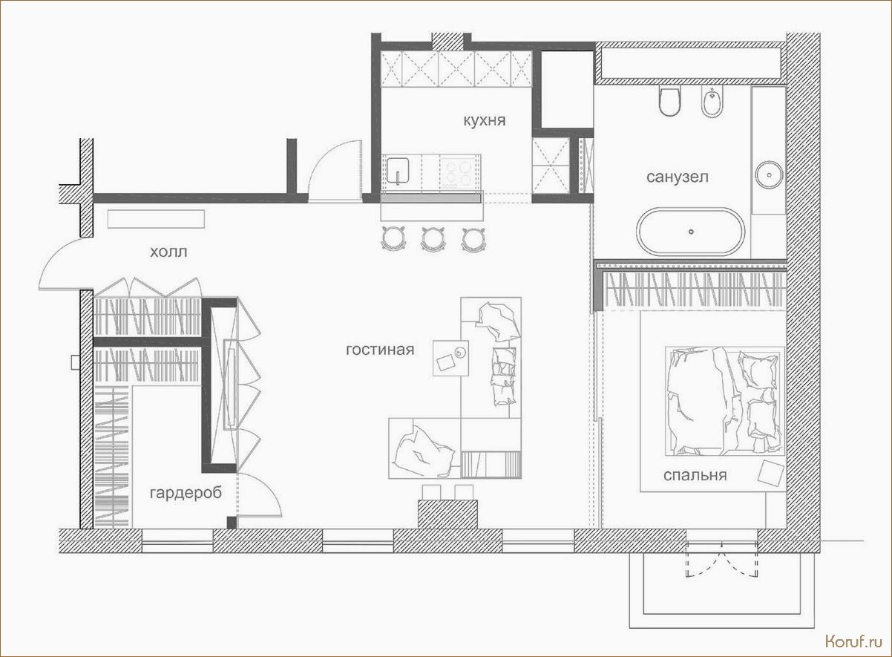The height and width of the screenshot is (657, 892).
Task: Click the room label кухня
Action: pyautogui.click(x=485, y=120)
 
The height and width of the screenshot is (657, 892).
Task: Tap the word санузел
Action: pyautogui.click(x=678, y=177)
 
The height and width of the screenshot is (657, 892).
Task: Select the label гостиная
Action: pyautogui.click(x=380, y=350)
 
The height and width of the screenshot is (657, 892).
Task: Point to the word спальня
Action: pyautogui.click(x=695, y=475)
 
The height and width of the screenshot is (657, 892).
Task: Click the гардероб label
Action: pyautogui.click(x=186, y=493)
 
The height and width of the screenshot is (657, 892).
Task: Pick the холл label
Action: pyautogui.click(x=168, y=252)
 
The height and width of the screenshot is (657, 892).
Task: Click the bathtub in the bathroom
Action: pyautogui.click(x=690, y=232)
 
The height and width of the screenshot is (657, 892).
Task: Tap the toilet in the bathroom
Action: pyautogui.click(x=669, y=101)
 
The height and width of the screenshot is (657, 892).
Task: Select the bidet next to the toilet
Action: pyautogui.click(x=712, y=101)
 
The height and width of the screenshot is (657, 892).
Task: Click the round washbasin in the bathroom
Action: pyautogui.click(x=769, y=175)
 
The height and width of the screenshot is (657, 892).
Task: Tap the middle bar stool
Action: pyautogui.click(x=433, y=238)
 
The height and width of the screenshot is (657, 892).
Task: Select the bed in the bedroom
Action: pyautogui.click(x=725, y=401)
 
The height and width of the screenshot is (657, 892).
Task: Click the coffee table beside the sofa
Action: pyautogui.click(x=450, y=358)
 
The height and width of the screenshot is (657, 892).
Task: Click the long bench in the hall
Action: pyautogui.click(x=156, y=219)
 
